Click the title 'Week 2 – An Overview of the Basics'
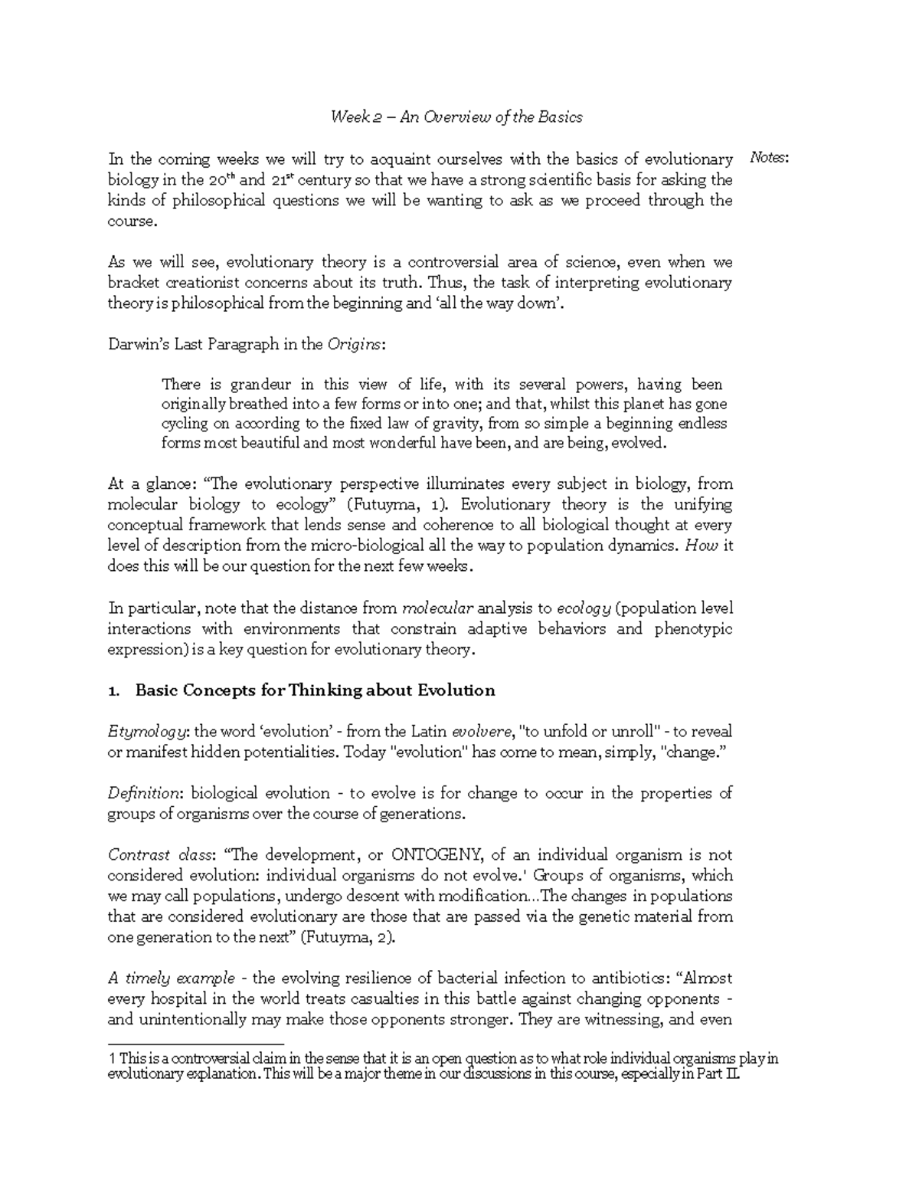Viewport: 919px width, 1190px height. [x=456, y=117]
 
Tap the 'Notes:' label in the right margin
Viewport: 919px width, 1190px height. [x=768, y=159]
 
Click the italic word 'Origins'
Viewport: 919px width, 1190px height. [x=354, y=344]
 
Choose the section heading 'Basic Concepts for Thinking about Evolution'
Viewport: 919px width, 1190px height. [x=315, y=690]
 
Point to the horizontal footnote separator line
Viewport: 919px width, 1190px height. [x=196, y=1043]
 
